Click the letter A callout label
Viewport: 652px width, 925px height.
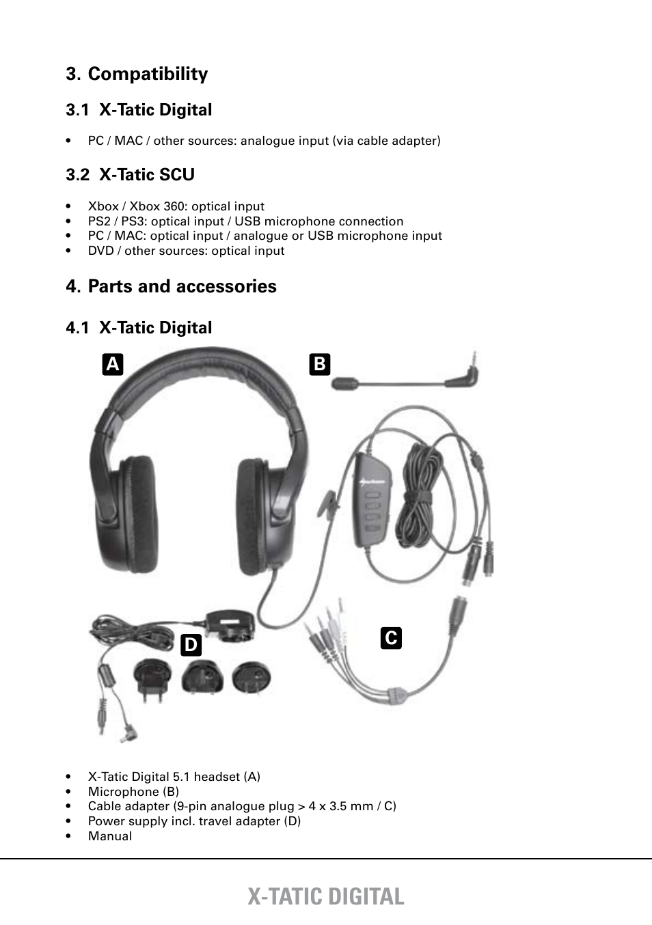[x=113, y=365]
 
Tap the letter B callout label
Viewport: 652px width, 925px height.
[x=319, y=364]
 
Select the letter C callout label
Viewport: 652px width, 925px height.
[x=391, y=637]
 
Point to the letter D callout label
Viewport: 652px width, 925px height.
[x=191, y=645]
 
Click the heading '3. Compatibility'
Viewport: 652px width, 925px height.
[x=137, y=74]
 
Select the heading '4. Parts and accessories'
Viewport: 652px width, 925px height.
[x=171, y=286]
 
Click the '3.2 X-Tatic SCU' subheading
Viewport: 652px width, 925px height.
[x=130, y=175]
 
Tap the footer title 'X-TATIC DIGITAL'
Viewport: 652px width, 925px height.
[x=326, y=896]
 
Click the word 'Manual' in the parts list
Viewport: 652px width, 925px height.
[x=110, y=836]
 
